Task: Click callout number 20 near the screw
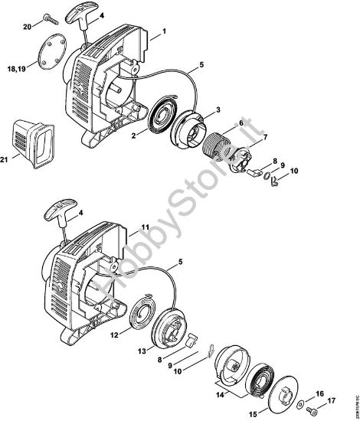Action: [27, 27]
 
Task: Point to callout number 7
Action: [244, 137]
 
